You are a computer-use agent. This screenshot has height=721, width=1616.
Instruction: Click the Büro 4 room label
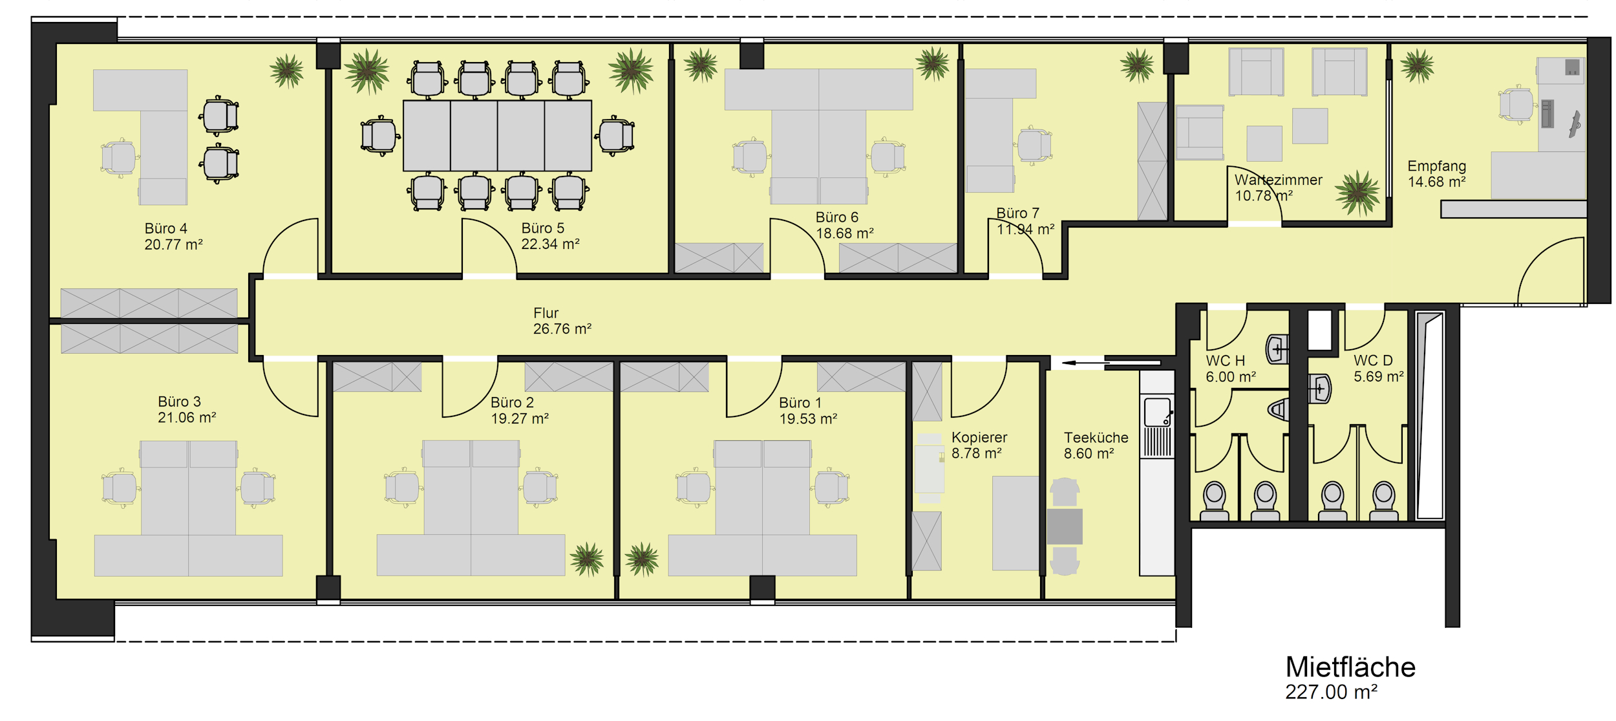(x=166, y=228)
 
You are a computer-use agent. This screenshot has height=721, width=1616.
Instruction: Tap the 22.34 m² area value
(x=550, y=244)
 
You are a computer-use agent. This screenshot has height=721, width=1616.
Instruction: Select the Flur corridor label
(x=546, y=313)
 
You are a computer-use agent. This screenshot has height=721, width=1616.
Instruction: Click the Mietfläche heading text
(x=1350, y=667)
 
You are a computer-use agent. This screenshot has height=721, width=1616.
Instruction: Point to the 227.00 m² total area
(x=1332, y=693)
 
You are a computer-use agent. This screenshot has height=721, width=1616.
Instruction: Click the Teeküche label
(x=1096, y=438)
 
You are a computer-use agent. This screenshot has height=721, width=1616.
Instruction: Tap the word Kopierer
(x=979, y=438)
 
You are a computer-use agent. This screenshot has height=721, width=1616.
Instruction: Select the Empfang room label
(x=1437, y=166)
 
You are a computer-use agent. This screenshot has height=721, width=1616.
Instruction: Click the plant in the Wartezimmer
(x=1357, y=192)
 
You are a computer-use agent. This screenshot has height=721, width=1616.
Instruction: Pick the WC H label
(x=1226, y=361)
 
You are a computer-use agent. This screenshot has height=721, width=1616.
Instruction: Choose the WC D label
(x=1373, y=361)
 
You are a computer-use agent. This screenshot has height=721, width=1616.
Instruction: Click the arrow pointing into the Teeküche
(x=1085, y=363)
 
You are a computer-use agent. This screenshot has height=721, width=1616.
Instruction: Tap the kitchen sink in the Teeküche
(x=1157, y=412)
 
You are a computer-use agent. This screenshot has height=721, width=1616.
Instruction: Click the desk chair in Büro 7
(x=1034, y=145)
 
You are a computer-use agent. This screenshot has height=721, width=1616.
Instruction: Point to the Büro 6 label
(x=837, y=217)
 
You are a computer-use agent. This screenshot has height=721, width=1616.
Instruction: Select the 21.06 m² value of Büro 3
(x=187, y=418)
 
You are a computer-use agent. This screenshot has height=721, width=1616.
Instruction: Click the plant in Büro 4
(x=287, y=70)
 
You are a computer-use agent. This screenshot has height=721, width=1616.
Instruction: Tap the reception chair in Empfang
(x=1516, y=105)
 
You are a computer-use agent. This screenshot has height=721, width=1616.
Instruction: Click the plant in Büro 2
(x=587, y=559)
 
